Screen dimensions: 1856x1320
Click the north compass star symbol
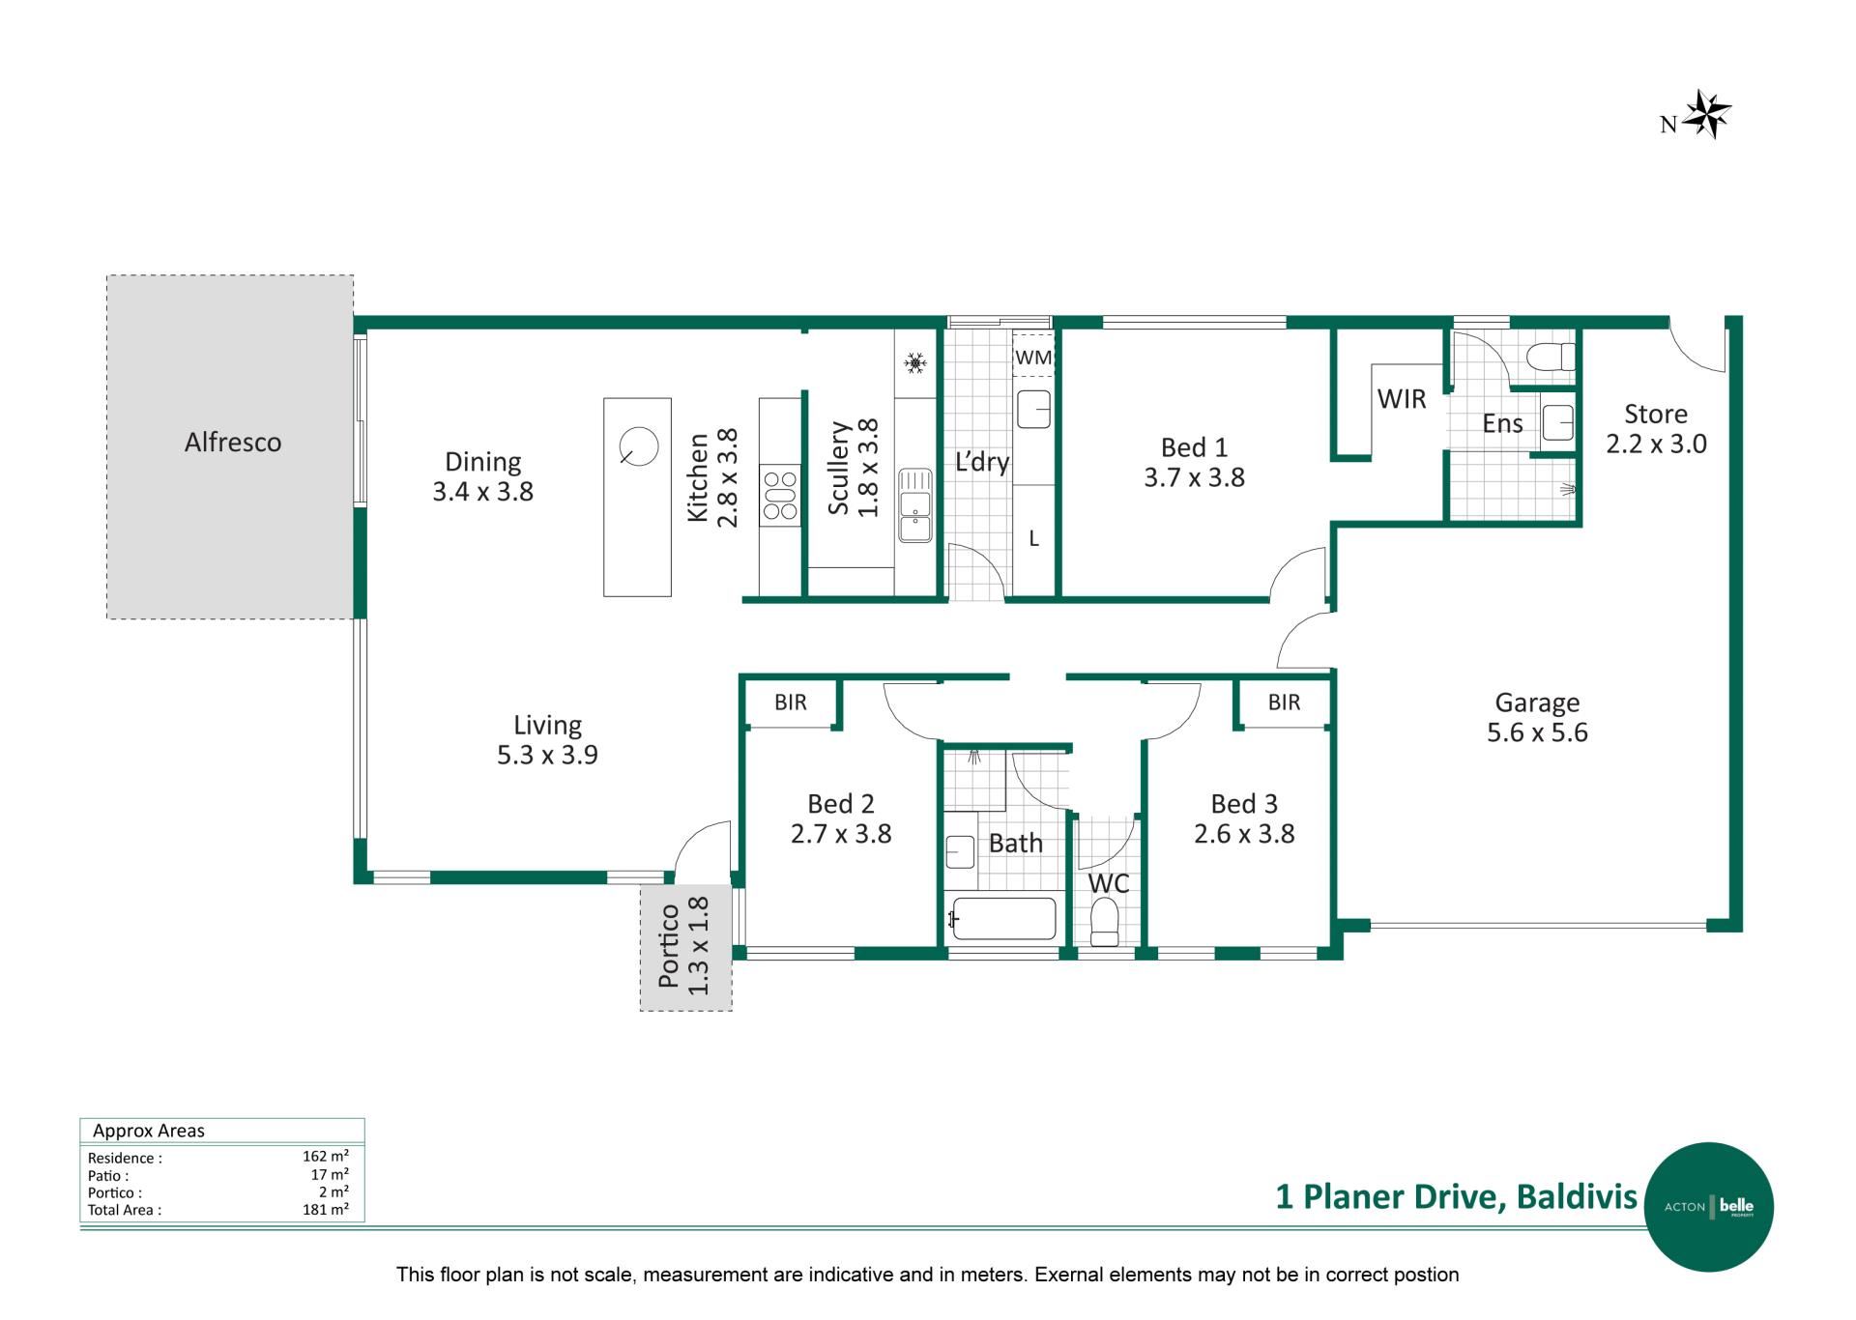[x=1707, y=114]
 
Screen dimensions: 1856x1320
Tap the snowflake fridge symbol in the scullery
[x=914, y=363]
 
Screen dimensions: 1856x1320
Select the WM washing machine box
[x=1033, y=357]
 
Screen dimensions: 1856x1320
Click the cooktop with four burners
[x=779, y=495]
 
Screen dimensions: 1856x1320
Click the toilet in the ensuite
[x=1551, y=357]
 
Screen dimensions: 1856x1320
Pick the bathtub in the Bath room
[x=1003, y=918]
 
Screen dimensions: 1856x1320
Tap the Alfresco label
[x=233, y=443]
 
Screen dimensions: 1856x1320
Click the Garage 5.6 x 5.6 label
[x=1537, y=717]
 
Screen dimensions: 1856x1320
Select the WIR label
[x=1402, y=399]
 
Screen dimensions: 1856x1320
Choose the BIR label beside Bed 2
[x=791, y=703]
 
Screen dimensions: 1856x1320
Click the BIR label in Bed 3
[x=1285, y=703]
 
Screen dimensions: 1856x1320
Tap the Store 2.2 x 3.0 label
[x=1656, y=429]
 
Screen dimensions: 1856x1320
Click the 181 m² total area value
[x=326, y=1209]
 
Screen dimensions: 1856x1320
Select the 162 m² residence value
[x=326, y=1156]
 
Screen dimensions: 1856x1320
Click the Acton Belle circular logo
[x=1709, y=1207]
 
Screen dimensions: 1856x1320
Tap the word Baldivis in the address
[x=1577, y=1196]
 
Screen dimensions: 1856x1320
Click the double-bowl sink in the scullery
[x=914, y=505]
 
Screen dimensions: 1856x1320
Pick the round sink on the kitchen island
[x=638, y=446]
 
